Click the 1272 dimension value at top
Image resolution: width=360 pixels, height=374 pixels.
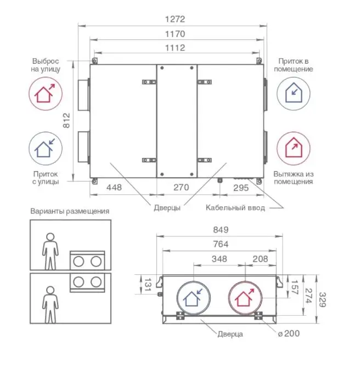(175, 19)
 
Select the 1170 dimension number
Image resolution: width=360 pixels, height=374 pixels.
(175, 33)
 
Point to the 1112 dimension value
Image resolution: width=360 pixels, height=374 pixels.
(175, 48)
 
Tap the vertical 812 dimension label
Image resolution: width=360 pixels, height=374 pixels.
(67, 121)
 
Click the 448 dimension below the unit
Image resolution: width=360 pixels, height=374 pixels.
(114, 188)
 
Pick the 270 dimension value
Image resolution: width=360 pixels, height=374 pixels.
(181, 188)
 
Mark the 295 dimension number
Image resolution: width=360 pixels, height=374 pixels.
(241, 188)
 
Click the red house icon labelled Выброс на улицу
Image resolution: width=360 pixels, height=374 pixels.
(45, 93)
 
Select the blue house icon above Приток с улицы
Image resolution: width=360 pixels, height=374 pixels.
(45, 148)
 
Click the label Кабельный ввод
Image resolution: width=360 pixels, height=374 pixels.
(235, 208)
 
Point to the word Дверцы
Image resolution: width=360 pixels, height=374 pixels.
(167, 208)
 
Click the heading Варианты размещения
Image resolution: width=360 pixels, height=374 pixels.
(70, 211)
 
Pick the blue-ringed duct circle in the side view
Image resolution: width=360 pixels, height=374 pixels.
(192, 299)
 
